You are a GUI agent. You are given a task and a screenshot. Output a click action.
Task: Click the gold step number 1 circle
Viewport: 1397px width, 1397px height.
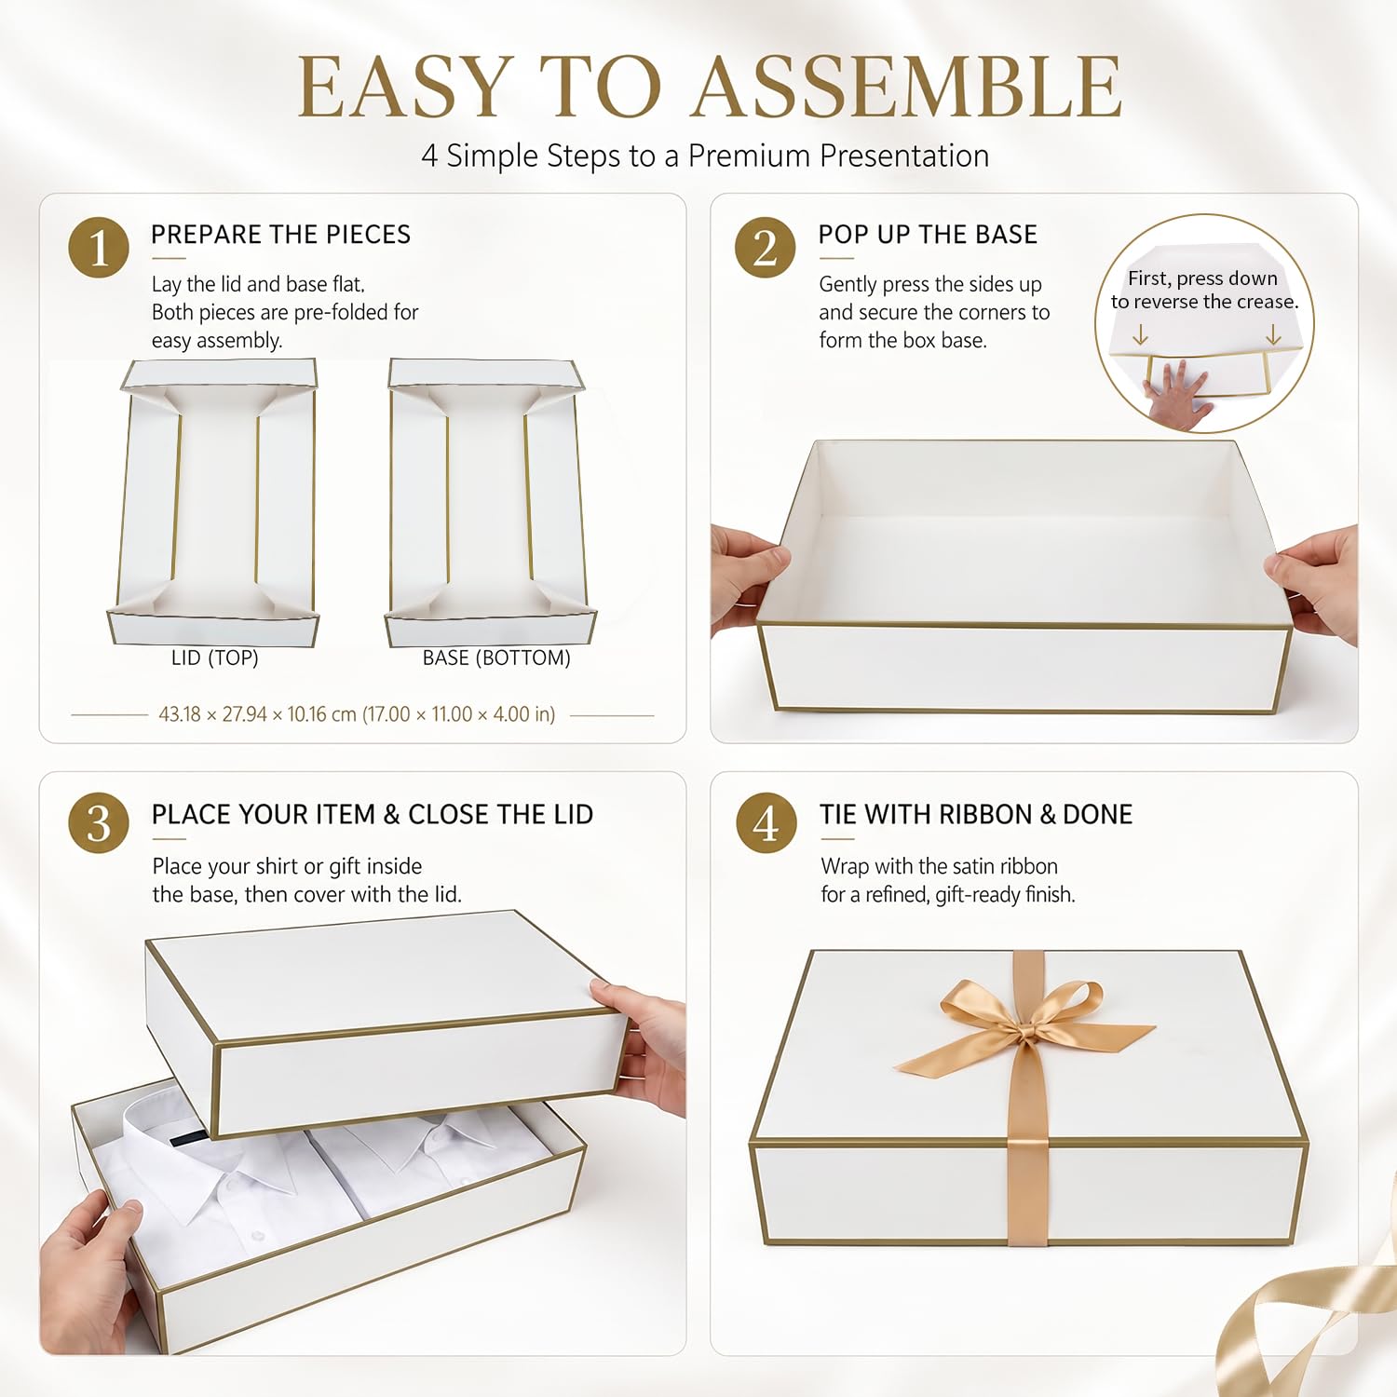point(99,248)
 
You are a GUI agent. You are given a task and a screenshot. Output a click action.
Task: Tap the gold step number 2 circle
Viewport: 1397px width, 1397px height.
point(765,248)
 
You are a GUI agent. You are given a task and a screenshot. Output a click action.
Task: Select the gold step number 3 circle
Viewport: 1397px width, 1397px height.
point(99,823)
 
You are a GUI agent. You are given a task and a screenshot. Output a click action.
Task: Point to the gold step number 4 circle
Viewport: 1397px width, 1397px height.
point(766,823)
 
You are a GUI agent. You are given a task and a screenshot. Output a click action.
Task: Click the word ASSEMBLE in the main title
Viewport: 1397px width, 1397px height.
point(908,87)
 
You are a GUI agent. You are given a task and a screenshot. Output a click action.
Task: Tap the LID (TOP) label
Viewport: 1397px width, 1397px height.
point(215,658)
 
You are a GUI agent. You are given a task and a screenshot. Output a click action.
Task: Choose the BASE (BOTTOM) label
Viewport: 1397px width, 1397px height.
point(496,658)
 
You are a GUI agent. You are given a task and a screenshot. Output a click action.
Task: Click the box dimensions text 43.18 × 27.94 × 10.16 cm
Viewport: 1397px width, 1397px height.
point(258,714)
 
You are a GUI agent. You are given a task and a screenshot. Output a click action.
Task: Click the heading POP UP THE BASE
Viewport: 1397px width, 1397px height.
point(928,235)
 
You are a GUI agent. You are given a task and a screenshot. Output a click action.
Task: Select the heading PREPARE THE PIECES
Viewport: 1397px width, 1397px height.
point(280,235)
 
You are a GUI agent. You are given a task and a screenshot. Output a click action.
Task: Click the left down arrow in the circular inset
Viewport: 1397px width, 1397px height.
point(1140,334)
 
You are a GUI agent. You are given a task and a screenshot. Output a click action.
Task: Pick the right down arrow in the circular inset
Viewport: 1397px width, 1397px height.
point(1273,334)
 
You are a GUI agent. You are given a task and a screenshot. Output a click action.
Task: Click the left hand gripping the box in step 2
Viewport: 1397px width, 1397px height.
point(745,577)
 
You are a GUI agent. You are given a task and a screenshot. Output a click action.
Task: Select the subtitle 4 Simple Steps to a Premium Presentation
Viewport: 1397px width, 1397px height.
point(705,156)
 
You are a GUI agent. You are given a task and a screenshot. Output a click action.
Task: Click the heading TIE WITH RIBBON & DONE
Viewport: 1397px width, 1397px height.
point(976,815)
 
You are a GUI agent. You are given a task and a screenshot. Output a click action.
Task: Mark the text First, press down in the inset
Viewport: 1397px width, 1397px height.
point(1202,278)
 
